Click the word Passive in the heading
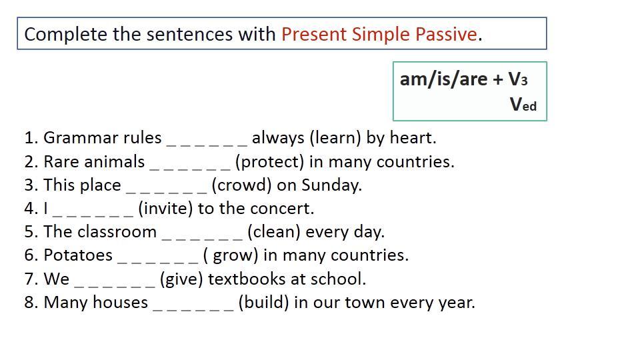click(446, 34)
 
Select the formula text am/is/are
click(443, 79)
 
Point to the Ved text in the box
click(523, 104)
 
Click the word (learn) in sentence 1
click(335, 139)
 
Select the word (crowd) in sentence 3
click(241, 185)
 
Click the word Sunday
click(331, 186)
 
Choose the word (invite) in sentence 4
click(165, 209)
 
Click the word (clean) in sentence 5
click(274, 232)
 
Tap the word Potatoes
click(78, 255)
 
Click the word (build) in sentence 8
click(264, 303)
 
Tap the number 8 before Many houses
click(29, 303)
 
